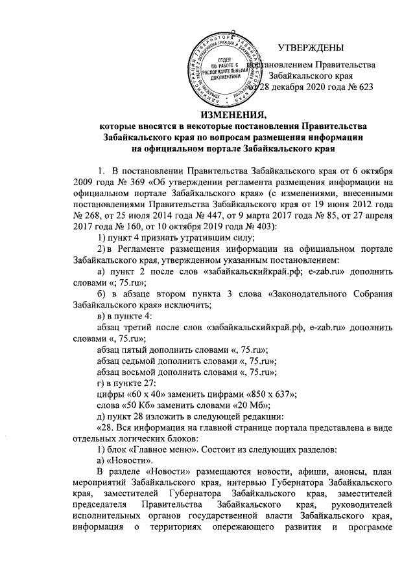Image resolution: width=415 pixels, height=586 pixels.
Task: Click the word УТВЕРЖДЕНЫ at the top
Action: click(311, 48)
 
